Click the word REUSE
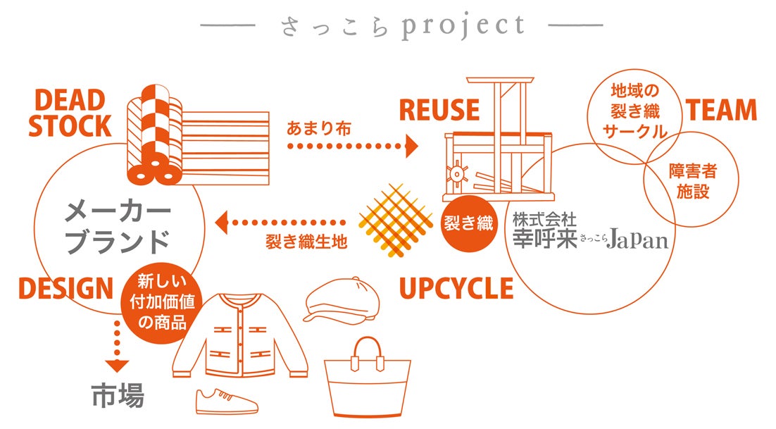[439, 111]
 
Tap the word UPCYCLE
[456, 289]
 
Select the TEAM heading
[721, 111]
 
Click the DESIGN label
[65, 288]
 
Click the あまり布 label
[319, 129]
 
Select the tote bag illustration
[367, 383]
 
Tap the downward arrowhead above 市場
[117, 366]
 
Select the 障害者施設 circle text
[693, 181]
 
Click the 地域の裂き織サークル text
[630, 111]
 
